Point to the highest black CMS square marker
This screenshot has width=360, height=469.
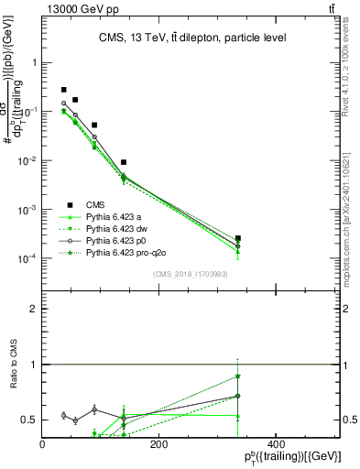63,90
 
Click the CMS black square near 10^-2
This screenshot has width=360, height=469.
124,162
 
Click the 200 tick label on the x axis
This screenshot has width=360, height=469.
158,445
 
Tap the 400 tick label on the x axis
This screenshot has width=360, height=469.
274,445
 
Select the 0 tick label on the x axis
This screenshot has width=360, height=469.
42,445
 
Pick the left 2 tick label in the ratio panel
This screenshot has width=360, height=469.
34,310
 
